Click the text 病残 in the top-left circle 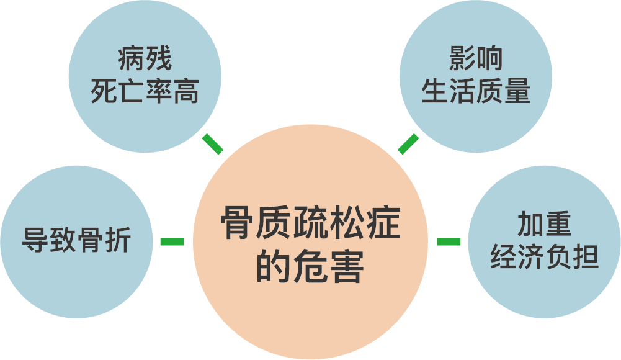[145, 60]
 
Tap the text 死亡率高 [145, 92]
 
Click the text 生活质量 [476, 92]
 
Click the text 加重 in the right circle [544, 225]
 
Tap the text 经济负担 [544, 256]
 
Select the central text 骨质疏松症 [310, 227]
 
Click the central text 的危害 [310, 268]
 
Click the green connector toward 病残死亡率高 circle [213, 143]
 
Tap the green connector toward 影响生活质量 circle [408, 143]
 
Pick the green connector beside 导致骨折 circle [172, 241]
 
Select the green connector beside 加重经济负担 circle [449, 241]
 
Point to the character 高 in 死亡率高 [185, 92]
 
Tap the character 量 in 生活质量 [517, 92]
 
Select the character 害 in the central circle [346, 268]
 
